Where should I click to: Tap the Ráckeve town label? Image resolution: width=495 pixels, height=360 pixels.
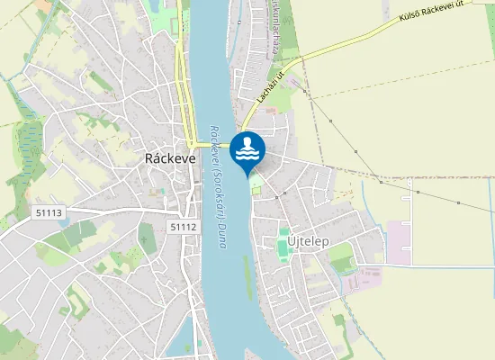pyautogui.click(x=170, y=157)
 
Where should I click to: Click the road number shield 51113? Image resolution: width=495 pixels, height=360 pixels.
pyautogui.click(x=49, y=213)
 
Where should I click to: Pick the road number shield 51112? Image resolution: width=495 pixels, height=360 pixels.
pyautogui.click(x=183, y=228)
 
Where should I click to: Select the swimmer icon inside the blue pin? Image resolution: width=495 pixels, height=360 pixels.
pyautogui.click(x=247, y=142)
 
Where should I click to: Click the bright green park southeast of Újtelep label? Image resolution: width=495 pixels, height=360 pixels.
pyautogui.click(x=341, y=260)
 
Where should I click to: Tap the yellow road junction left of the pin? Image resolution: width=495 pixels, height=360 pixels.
pyautogui.click(x=192, y=144)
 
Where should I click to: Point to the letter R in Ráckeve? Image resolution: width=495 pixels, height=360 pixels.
pyautogui.click(x=149, y=157)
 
